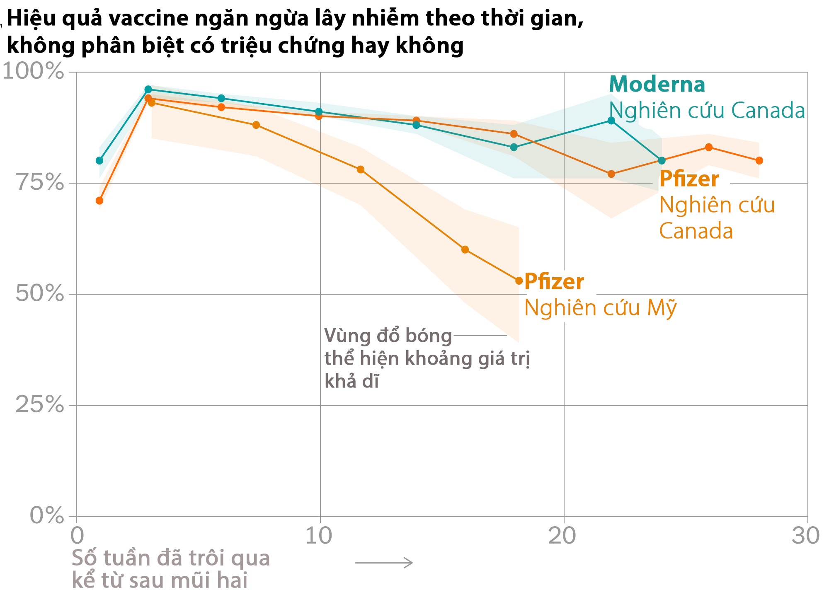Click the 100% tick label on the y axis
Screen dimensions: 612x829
click(33, 71)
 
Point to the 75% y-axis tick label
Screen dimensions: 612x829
click(40, 182)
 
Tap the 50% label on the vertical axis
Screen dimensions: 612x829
click(40, 293)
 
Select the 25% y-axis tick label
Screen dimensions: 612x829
click(40, 404)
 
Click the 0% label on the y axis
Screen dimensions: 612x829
click(47, 515)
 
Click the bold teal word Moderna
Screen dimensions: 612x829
click(657, 85)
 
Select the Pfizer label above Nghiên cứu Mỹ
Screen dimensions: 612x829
click(554, 282)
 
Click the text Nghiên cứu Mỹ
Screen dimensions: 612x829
click(600, 308)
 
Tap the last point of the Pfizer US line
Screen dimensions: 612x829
click(519, 281)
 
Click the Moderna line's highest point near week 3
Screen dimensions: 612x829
click(148, 90)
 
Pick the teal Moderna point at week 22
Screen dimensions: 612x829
click(611, 121)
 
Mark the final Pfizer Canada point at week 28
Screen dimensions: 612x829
click(759, 161)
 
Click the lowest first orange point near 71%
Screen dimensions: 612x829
click(99, 201)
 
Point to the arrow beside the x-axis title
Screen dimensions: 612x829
click(384, 562)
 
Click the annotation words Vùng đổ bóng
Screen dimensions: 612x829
click(388, 336)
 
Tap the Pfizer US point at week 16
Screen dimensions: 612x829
click(465, 249)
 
